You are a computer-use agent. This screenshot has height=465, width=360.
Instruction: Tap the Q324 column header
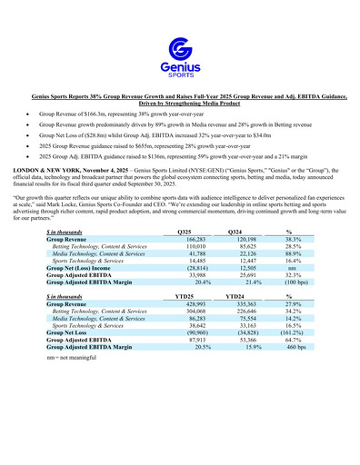pos(236,233)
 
